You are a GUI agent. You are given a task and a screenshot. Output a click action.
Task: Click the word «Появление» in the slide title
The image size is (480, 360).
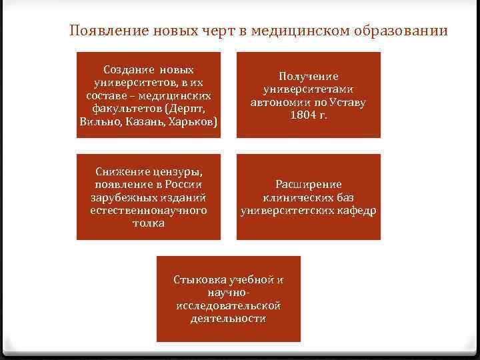coord(104,31)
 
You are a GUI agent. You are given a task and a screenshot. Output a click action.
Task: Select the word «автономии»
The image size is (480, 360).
coord(277,103)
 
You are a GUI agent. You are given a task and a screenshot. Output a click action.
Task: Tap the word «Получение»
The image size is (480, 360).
coord(309,77)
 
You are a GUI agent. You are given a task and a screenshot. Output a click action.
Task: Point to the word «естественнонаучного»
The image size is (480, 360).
coord(149,210)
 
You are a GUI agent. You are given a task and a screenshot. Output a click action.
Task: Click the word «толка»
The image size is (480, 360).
coord(149,223)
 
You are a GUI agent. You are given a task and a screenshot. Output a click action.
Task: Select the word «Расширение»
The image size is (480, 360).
coord(309,185)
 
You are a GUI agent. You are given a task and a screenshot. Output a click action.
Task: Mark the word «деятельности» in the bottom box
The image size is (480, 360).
coord(228,318)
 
